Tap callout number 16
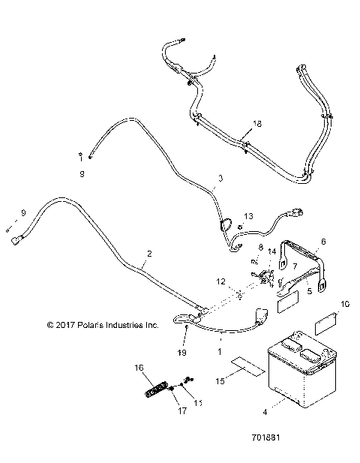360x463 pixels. [x=138, y=368]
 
